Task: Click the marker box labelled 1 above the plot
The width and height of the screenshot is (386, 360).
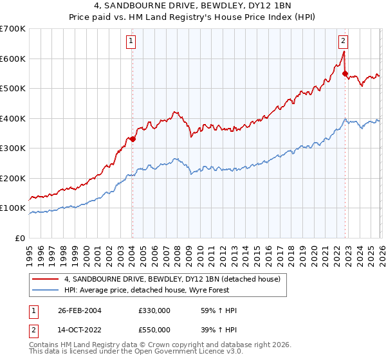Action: [131, 42]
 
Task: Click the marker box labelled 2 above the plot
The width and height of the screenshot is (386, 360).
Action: [343, 42]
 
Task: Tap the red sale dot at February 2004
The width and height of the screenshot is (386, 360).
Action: [133, 139]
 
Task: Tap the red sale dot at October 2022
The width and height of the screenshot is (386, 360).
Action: [345, 73]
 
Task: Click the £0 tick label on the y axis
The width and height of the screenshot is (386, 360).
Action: [21, 238]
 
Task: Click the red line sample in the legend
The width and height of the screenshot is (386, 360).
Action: [46, 279]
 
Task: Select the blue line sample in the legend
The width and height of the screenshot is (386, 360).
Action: [46, 290]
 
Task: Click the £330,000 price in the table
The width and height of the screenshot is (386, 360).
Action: [154, 310]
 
